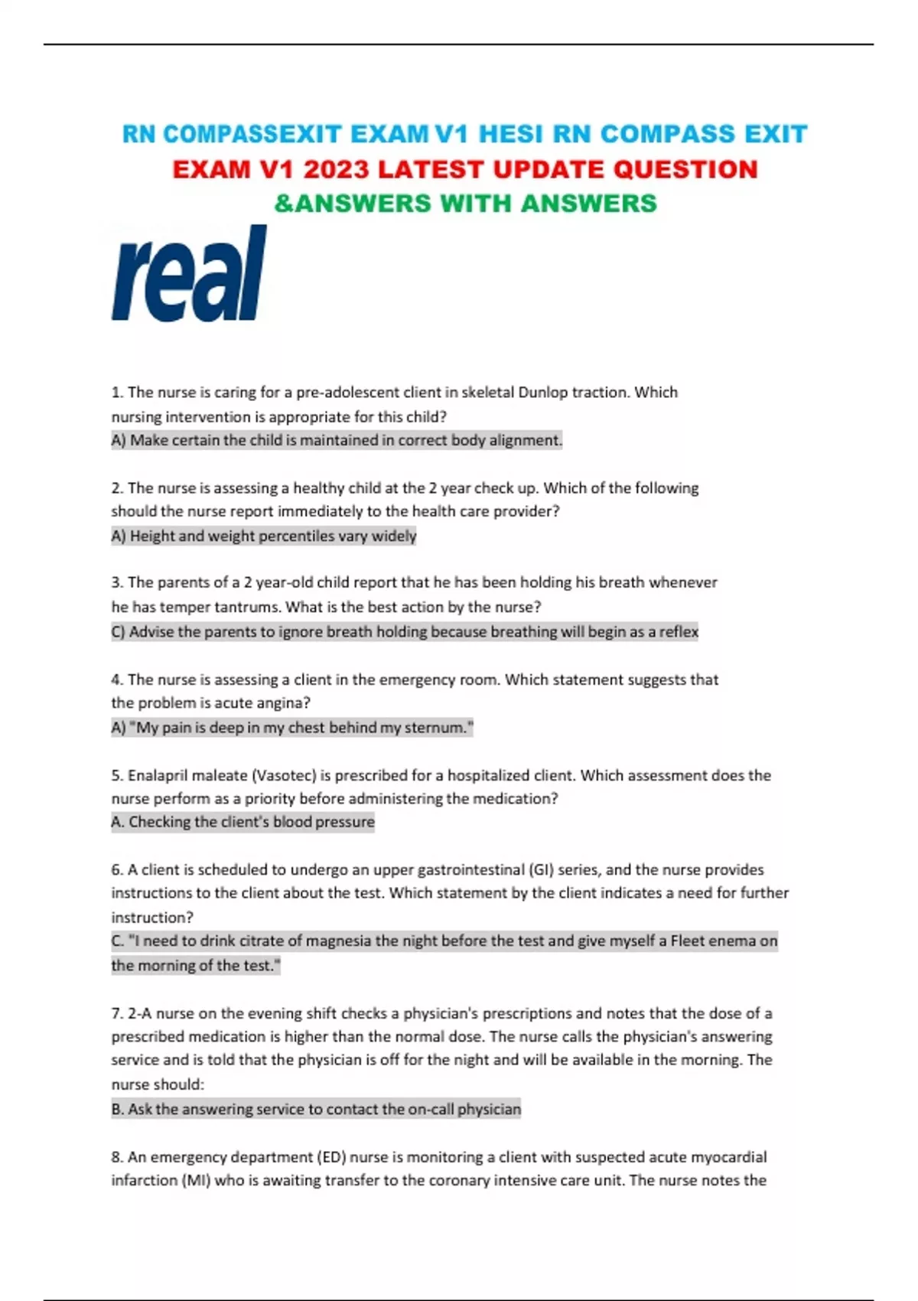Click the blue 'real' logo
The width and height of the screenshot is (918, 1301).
click(x=189, y=273)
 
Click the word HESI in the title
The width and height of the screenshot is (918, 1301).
click(x=510, y=135)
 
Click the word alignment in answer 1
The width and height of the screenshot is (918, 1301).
click(x=525, y=440)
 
